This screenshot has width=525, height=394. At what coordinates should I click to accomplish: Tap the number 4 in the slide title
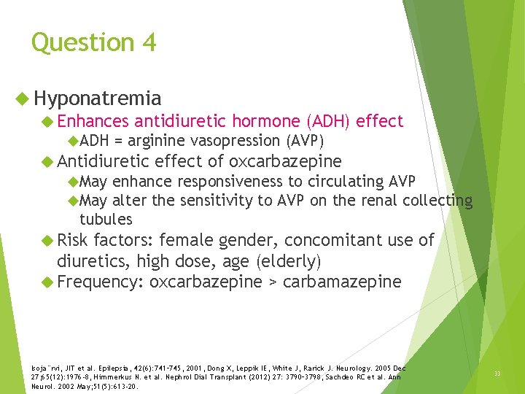click(x=149, y=42)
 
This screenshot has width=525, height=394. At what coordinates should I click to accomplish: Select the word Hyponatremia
click(x=98, y=98)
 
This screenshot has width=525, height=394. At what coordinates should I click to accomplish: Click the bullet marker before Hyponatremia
click(x=23, y=98)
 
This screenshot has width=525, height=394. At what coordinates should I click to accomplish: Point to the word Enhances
click(x=93, y=121)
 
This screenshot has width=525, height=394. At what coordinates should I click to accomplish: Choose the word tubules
click(x=106, y=219)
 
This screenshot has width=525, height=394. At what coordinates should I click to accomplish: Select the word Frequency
click(x=100, y=281)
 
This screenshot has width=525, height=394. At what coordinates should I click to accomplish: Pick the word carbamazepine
click(x=341, y=282)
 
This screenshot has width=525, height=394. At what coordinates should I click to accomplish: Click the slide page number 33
click(x=497, y=374)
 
